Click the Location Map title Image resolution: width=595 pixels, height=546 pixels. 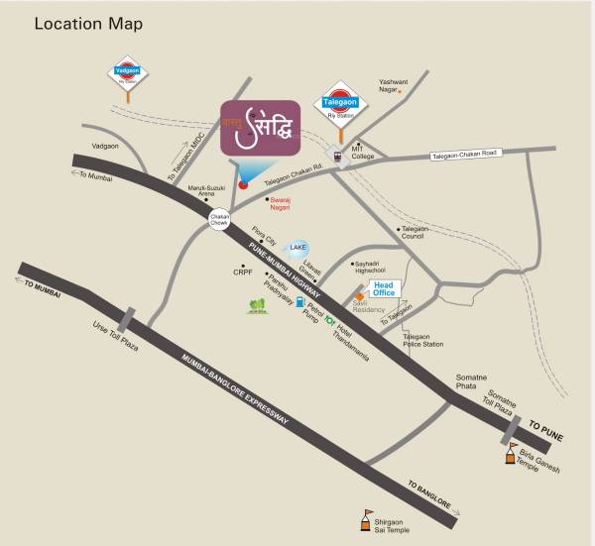click(x=89, y=23)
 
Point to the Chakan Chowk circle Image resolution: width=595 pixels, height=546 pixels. click(x=219, y=216)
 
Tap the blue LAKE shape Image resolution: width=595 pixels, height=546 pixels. click(x=297, y=248)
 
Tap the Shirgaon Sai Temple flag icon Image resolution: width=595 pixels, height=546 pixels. click(x=366, y=515)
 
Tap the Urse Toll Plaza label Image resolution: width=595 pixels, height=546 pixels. click(x=110, y=342)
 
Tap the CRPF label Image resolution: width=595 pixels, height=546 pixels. click(x=243, y=271)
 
